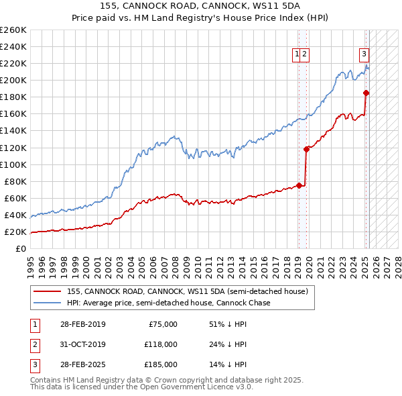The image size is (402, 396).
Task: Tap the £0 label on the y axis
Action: click(x=21, y=249)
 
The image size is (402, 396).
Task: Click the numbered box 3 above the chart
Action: click(x=364, y=54)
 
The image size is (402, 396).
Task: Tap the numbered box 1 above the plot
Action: click(x=296, y=54)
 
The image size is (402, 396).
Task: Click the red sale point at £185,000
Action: click(x=366, y=93)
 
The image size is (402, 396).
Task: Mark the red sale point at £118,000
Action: click(x=306, y=149)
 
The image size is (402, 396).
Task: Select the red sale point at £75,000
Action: click(x=299, y=185)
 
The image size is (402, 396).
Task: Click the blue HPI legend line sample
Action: click(x=48, y=303)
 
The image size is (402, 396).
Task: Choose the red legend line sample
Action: click(x=48, y=292)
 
